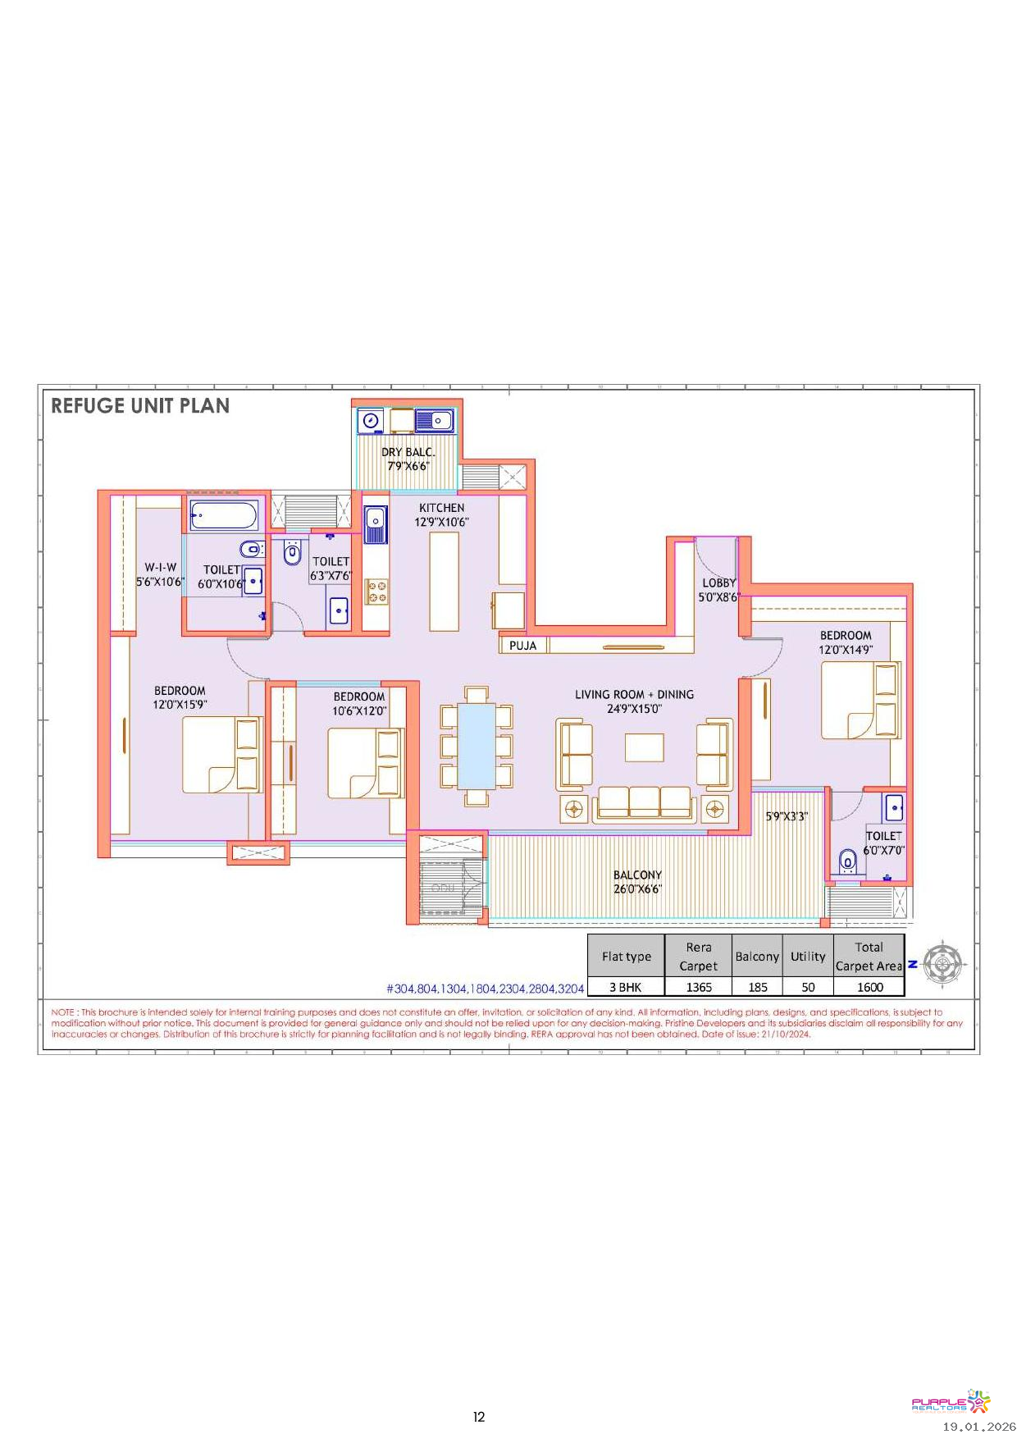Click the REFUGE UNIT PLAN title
point(140,406)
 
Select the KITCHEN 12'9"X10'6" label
point(441,515)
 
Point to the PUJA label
point(522,646)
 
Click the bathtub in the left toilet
point(223,516)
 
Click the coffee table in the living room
point(645,747)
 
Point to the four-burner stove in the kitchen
point(377,592)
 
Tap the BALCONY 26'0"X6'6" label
point(637,882)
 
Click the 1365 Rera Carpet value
point(699,988)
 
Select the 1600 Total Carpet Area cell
point(870,988)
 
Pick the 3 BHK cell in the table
point(625,988)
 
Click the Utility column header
point(808,957)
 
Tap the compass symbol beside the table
point(943,962)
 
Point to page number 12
point(479,1417)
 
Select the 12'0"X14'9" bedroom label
point(846,650)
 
